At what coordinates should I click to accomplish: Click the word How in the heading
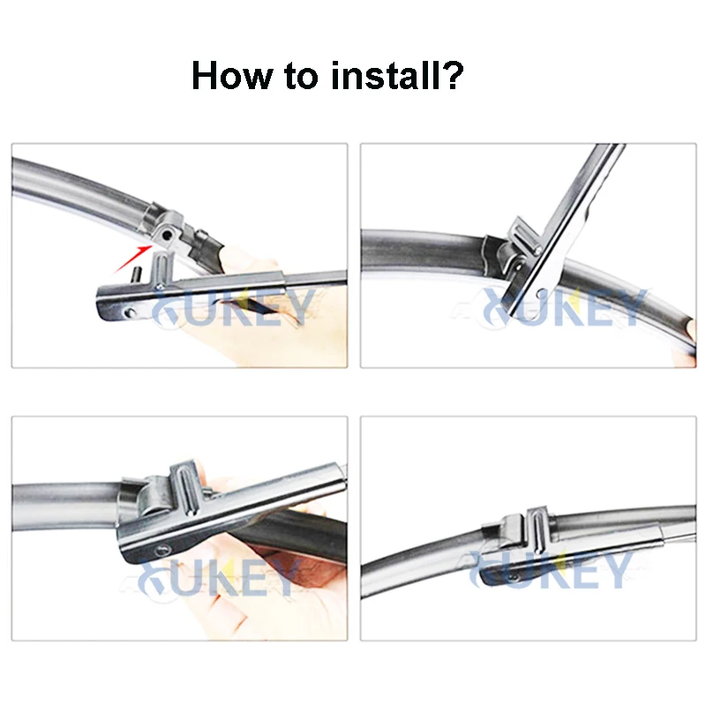coord(232,76)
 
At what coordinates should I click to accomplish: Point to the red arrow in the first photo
coord(131,259)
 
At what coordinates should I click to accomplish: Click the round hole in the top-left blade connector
coord(167,235)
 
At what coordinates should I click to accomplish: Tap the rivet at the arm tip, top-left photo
coord(130,312)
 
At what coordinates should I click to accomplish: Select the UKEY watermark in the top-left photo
coord(233,307)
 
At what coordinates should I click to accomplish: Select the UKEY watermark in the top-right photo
coord(564,307)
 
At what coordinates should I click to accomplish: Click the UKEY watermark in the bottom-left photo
coord(219,577)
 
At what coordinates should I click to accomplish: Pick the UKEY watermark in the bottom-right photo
coord(550,569)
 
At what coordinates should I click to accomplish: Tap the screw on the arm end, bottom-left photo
coord(162,549)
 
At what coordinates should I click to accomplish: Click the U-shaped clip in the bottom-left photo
coord(184,488)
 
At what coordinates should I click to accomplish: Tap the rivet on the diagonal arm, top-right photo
coord(541,294)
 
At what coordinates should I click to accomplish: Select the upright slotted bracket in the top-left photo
coord(162,269)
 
